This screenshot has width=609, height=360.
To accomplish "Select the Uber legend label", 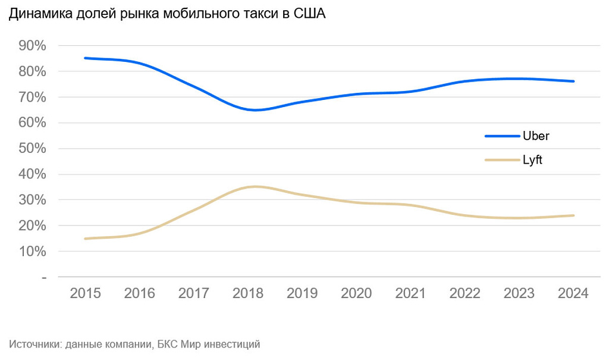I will click(536, 136).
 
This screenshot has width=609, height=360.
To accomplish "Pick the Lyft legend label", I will click(532, 160).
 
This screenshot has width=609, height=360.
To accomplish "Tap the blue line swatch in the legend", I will click(502, 136).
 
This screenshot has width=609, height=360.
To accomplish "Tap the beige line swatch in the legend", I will click(502, 160).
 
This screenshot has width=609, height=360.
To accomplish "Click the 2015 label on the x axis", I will click(86, 293).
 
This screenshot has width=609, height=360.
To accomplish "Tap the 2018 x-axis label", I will click(248, 293).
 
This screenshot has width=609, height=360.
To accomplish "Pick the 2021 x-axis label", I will click(411, 293).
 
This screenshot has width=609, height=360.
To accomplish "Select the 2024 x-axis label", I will click(573, 293).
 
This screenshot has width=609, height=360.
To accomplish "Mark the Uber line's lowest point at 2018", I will click(255, 110).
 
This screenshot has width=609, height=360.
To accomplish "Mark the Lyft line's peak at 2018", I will click(255, 187).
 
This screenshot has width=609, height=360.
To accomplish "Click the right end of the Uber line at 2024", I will click(573, 81).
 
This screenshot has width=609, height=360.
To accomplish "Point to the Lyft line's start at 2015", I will click(86, 239).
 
